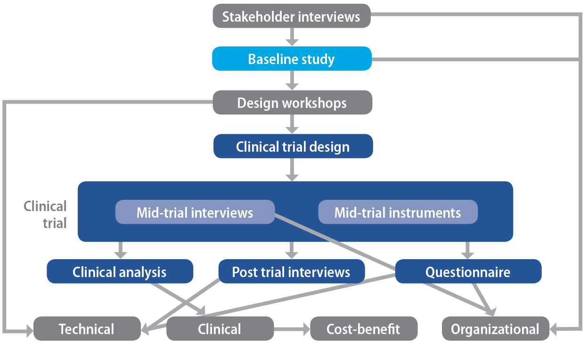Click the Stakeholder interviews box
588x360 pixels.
291,17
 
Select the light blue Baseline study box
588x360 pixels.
291,59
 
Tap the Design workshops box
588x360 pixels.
292,102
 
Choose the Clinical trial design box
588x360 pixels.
293,146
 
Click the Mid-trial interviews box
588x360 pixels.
195,212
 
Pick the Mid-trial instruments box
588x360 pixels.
398,212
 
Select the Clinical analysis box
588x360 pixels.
120,271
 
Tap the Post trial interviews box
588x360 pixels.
291,271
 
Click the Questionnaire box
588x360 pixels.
468,271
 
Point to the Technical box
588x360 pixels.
87,328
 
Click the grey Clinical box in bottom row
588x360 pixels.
220,328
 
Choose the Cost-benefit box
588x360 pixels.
363,328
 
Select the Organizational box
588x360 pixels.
495,328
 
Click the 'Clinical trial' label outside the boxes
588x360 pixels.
45,214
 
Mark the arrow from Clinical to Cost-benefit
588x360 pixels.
292,328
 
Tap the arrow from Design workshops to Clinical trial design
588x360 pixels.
292,124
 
